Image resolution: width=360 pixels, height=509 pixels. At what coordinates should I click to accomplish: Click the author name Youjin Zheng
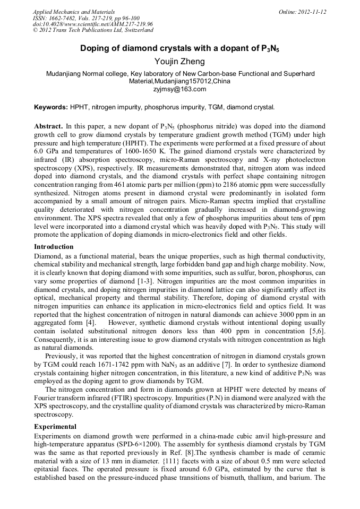(x=179, y=62)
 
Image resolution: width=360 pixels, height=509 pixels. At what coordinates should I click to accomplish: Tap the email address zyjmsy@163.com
(x=179, y=89)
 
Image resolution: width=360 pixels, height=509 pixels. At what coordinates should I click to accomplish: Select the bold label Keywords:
(x=51, y=107)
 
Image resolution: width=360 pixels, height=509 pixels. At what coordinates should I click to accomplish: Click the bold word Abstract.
(x=48, y=127)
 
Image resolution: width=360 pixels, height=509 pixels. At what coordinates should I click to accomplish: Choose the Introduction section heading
(x=54, y=247)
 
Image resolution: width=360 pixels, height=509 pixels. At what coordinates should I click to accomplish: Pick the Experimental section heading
(x=55, y=427)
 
